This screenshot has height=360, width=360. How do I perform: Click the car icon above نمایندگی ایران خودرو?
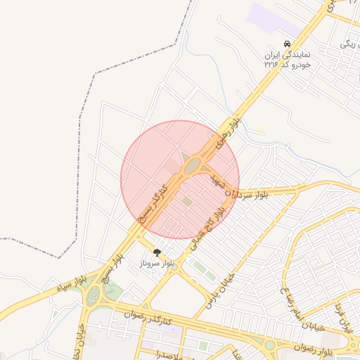[286, 44]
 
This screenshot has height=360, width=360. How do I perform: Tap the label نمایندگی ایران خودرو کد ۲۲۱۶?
[288, 58]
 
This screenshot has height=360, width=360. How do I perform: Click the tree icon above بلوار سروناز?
[156, 252]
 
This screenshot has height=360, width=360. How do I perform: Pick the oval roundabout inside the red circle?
[192, 166]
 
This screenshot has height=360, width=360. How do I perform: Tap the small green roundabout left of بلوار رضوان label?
[270, 345]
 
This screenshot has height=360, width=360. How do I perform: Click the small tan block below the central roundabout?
[187, 202]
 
